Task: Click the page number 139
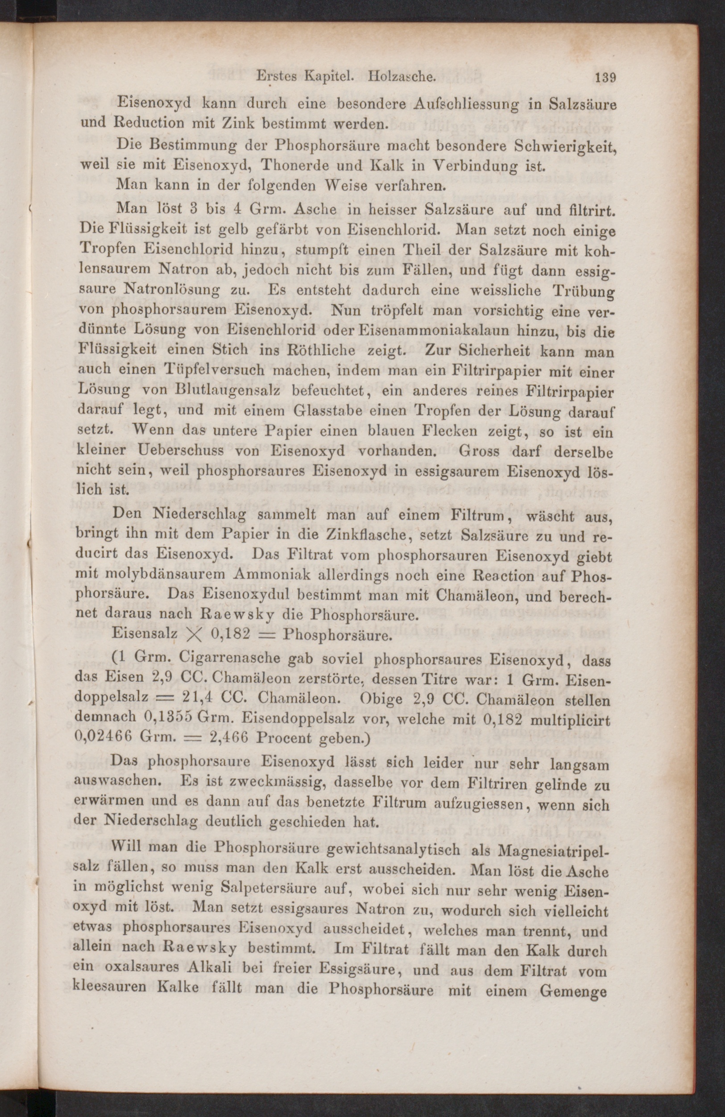(605, 78)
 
